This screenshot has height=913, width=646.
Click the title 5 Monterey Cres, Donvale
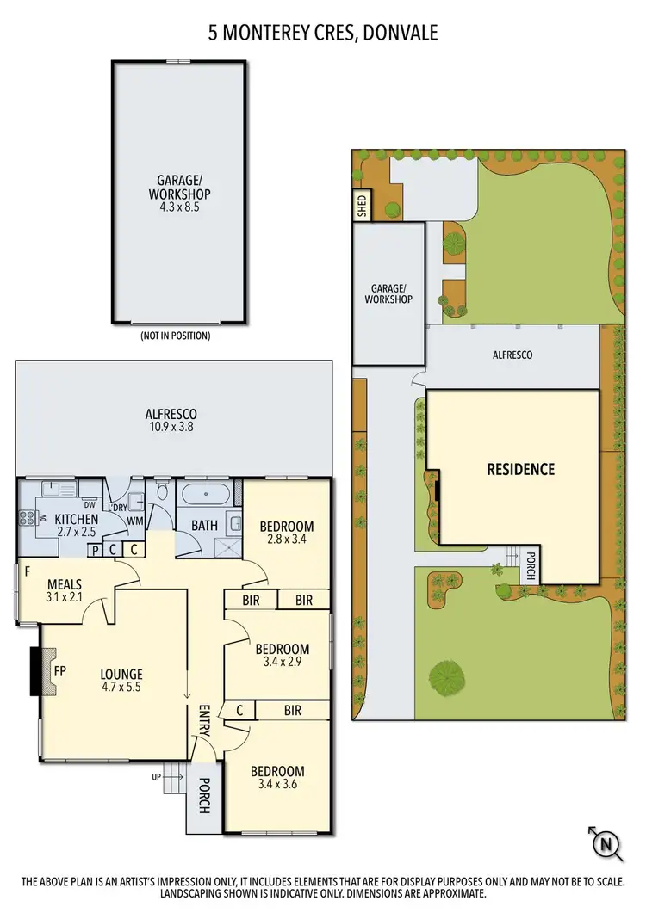click(323, 34)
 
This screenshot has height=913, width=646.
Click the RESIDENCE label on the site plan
click(520, 469)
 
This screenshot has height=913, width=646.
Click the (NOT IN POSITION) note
click(175, 336)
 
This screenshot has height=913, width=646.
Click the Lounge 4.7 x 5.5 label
click(121, 681)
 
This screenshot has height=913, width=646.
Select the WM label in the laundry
click(135, 521)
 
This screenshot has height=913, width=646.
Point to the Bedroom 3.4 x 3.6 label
click(277, 778)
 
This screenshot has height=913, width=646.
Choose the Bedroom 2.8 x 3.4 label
click(287, 533)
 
